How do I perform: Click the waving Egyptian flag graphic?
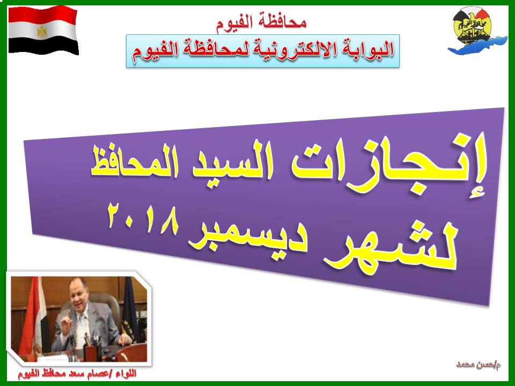(43, 30)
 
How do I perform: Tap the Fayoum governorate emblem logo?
(476, 32)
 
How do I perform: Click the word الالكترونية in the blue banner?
(291, 51)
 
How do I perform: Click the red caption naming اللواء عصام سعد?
(77, 373)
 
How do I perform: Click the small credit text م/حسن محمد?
(478, 365)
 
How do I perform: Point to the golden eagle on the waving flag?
(42, 31)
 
